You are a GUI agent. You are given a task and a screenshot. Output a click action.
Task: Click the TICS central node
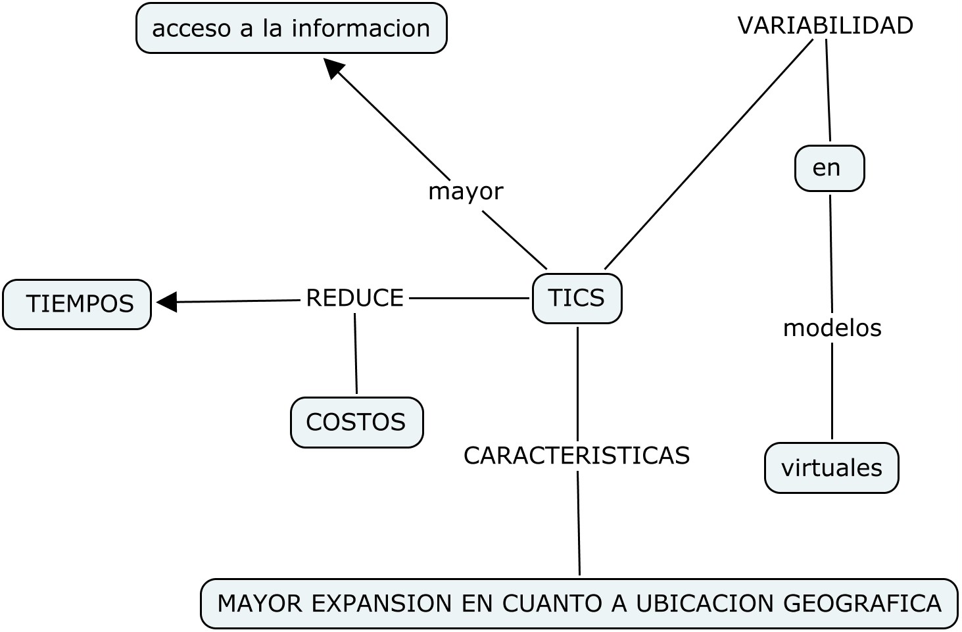[x=577, y=299]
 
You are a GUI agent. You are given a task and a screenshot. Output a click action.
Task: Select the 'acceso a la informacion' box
[x=291, y=28]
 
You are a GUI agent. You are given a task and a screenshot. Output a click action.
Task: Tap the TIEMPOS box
[x=77, y=304]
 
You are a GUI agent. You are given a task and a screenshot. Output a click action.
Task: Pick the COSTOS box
[x=356, y=422]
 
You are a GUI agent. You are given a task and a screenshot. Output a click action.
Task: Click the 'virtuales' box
[x=831, y=468]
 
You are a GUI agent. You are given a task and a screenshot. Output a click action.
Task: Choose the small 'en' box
[x=829, y=168]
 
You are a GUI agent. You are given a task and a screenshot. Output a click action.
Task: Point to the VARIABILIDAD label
[x=825, y=26]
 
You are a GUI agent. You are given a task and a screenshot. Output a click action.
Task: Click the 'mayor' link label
[x=466, y=191]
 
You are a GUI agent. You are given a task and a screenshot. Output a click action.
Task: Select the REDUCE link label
[x=354, y=298]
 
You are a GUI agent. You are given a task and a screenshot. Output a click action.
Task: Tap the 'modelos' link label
[x=832, y=328]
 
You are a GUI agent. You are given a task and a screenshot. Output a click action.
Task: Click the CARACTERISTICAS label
[x=577, y=455]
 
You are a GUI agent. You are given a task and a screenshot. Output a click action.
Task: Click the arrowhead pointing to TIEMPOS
[x=167, y=302]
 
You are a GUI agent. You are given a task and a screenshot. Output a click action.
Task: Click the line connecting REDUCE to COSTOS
[x=356, y=354]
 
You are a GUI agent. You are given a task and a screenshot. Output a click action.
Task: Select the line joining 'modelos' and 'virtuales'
[x=832, y=391]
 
